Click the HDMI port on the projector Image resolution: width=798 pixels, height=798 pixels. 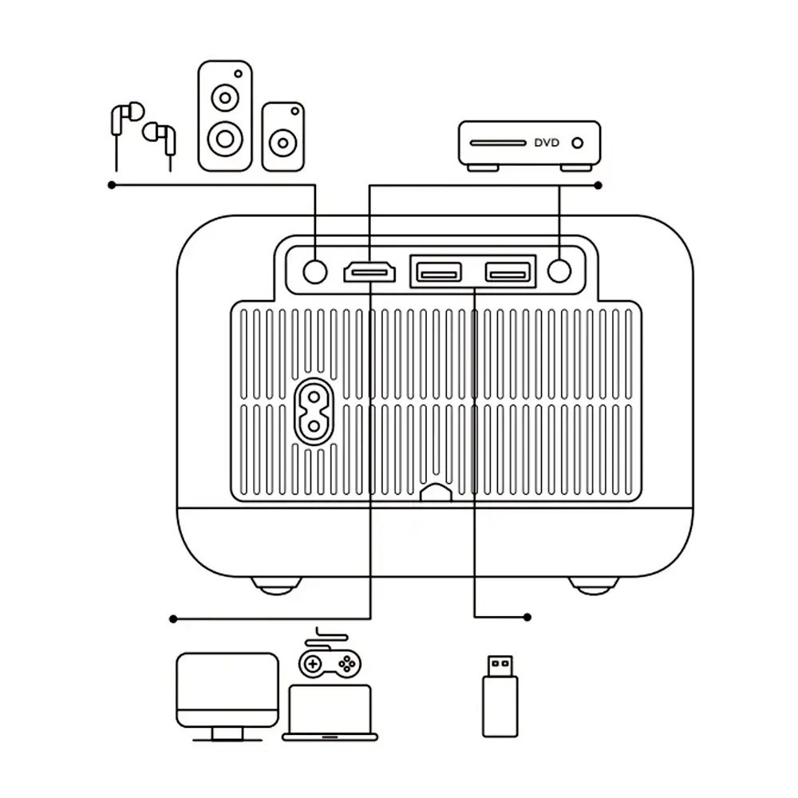[369, 272]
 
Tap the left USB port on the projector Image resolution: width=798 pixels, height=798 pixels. [437, 272]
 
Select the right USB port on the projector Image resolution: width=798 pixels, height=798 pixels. [508, 272]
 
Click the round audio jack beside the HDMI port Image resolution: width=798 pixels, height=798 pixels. [316, 272]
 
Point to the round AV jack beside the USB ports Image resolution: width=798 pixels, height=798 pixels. [560, 272]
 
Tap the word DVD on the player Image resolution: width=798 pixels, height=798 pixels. [547, 143]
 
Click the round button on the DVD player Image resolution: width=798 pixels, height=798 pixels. [577, 143]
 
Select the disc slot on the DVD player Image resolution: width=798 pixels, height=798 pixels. [497, 144]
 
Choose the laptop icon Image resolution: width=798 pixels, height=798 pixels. [330, 713]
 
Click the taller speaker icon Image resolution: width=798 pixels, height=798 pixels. [225, 116]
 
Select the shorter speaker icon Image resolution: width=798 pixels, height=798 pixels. [282, 136]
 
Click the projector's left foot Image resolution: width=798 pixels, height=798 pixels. [277, 586]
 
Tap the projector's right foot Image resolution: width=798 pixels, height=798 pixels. [593, 586]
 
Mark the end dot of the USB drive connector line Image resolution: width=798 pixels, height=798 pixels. [527, 617]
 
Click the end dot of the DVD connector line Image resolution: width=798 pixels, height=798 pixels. [598, 185]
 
